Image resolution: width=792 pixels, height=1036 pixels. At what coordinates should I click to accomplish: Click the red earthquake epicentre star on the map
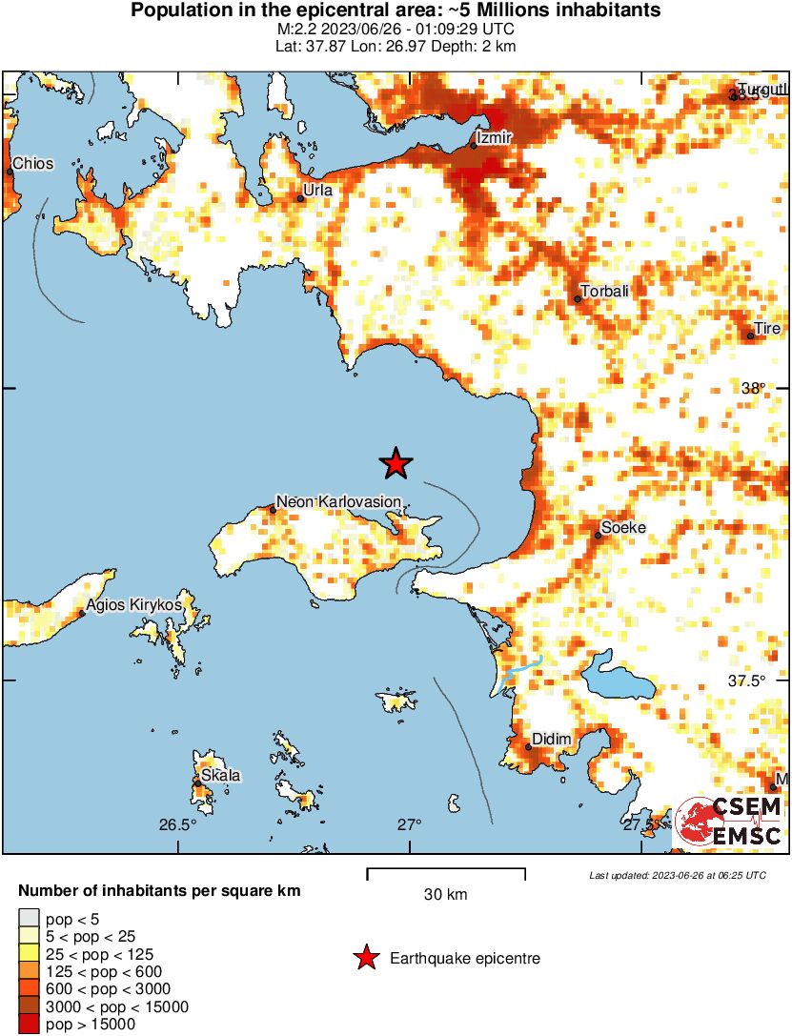click(396, 464)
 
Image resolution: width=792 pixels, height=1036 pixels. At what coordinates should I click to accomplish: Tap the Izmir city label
click(496, 138)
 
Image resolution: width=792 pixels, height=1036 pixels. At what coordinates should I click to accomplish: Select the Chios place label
click(33, 164)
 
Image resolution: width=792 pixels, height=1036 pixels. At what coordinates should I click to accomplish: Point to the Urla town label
click(317, 191)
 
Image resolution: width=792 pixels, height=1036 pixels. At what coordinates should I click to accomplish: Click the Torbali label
click(605, 292)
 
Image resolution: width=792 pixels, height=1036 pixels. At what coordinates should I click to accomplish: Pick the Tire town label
click(767, 329)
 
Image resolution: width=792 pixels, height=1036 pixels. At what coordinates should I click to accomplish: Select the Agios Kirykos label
click(133, 605)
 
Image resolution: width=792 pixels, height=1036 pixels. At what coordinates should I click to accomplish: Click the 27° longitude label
click(410, 825)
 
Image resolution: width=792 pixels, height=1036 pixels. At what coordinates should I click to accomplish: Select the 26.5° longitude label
click(177, 825)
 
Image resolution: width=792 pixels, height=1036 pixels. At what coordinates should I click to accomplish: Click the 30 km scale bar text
click(445, 895)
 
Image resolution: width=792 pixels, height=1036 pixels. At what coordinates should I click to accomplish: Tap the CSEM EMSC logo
click(729, 822)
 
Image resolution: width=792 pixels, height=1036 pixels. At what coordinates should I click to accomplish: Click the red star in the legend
click(364, 958)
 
